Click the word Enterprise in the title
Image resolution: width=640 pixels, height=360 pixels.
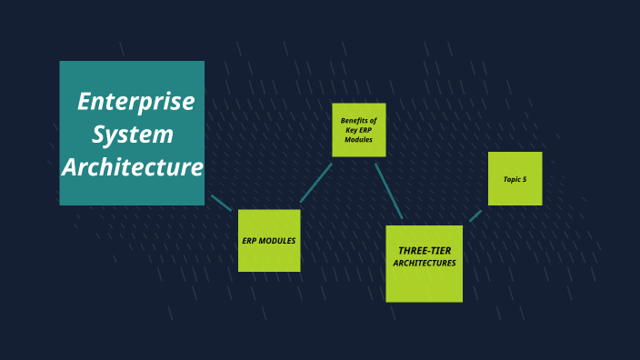135,102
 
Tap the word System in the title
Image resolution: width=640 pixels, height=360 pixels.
133,135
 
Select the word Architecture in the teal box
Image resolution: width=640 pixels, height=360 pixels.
133,167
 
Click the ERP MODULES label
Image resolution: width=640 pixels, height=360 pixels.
269,241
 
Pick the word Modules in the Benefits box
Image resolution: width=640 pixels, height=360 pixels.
358,140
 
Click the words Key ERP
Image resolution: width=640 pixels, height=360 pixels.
358,130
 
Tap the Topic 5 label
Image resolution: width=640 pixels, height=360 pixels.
515,179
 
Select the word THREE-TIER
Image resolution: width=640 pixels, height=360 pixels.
425,250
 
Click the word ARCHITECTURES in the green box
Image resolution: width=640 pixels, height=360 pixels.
425,264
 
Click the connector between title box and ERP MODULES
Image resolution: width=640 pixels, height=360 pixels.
221,202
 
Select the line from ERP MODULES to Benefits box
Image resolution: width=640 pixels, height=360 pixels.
315,184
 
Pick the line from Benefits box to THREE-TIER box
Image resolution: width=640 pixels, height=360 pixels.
388,191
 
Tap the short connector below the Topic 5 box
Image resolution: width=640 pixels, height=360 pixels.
475,215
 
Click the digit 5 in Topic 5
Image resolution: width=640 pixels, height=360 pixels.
525,179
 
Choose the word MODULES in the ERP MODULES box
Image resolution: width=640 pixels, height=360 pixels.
277,241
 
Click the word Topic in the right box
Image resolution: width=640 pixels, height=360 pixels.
511,179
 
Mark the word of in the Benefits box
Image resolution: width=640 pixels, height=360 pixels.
373,120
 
